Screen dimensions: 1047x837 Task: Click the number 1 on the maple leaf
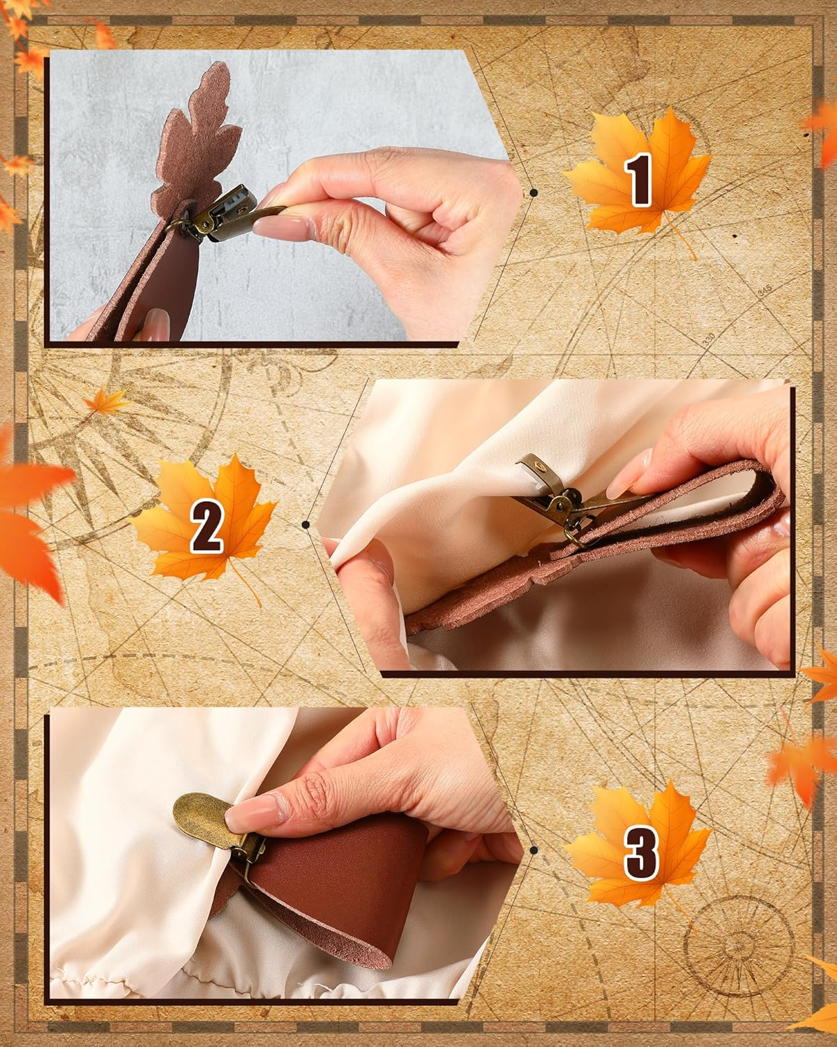[x=640, y=179]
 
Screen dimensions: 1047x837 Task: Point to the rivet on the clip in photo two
[x=538, y=464]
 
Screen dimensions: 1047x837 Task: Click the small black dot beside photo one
[x=534, y=192]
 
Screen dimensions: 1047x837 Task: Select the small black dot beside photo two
[x=306, y=523]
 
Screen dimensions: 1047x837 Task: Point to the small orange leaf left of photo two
[x=105, y=401]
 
